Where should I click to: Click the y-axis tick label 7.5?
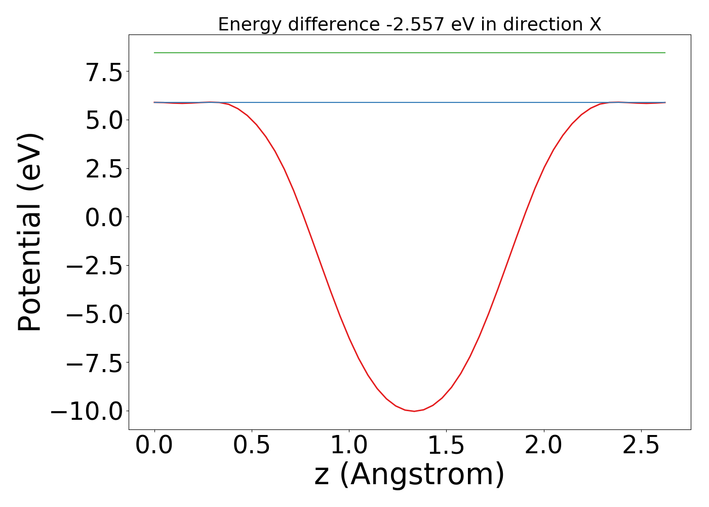click(x=104, y=74)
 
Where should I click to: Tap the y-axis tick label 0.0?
click(x=104, y=218)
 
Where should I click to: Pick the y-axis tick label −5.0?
click(x=95, y=314)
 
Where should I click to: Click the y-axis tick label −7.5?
click(x=95, y=363)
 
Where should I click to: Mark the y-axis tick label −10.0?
click(x=87, y=411)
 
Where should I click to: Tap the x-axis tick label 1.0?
click(x=349, y=446)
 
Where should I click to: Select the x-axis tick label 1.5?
click(x=447, y=446)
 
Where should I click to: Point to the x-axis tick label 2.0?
click(x=544, y=446)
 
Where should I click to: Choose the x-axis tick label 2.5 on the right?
click(x=641, y=446)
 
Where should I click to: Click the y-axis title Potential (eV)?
click(x=30, y=232)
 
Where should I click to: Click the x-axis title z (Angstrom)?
click(x=409, y=475)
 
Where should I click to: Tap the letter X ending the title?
click(x=595, y=24)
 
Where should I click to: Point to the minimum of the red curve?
click(x=414, y=411)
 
